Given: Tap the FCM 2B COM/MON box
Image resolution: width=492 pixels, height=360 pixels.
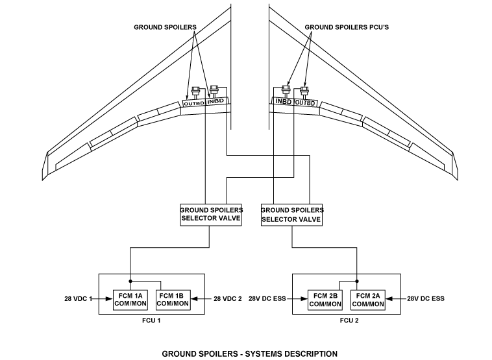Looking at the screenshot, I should tap(325, 299).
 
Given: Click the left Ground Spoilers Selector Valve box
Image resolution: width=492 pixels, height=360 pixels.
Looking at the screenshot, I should tap(211, 214).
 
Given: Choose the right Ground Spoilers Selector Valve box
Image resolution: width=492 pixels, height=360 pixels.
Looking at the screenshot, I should tap(292, 214).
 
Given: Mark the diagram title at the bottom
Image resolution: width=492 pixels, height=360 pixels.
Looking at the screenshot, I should tap(249, 354).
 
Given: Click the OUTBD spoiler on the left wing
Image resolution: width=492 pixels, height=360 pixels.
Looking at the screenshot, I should tap(193, 103).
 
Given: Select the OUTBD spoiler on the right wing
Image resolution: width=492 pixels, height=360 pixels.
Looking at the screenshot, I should tap(305, 103).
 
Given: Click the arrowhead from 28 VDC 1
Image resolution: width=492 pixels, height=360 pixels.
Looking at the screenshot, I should tap(108, 298).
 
